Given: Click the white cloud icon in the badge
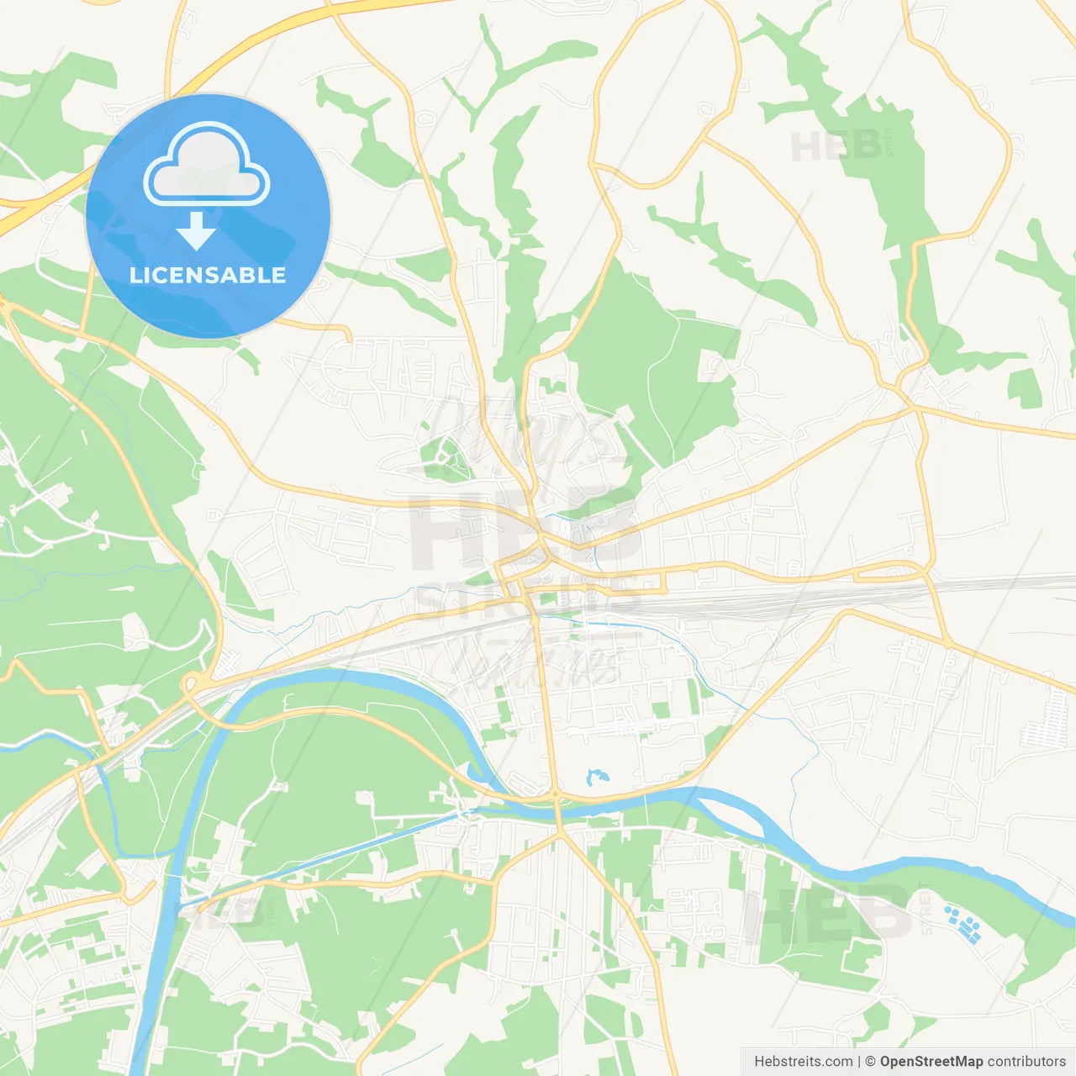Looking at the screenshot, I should click(x=207, y=166).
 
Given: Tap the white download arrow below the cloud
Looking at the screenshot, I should click(x=197, y=230).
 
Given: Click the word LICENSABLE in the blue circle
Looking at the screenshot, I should click(x=208, y=275).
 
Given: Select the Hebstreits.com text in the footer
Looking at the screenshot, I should click(x=803, y=1062).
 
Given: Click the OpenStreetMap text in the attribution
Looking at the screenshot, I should click(x=931, y=1062).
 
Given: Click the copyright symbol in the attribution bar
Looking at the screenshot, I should click(x=870, y=1062).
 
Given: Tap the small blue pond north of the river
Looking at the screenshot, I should click(x=596, y=777).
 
